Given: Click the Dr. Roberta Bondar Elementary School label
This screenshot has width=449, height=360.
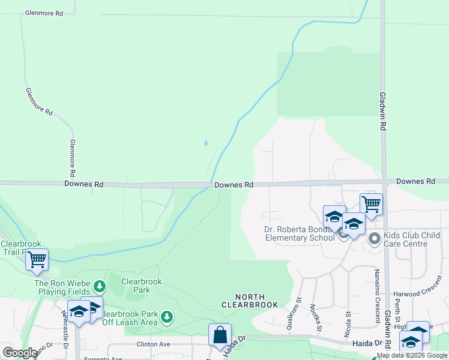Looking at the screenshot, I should coord(299,233).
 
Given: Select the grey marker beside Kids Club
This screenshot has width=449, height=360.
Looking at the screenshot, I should coord(375,239).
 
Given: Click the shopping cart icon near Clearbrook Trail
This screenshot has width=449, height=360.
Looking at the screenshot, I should coord(37,259).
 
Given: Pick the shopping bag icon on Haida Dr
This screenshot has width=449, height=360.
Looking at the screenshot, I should coord(220,334).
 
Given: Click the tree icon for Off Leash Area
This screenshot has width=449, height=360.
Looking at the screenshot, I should coord(167,316).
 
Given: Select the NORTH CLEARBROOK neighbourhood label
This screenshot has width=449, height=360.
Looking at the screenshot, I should coord(250,301).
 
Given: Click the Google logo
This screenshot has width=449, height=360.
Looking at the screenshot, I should coord(20,353).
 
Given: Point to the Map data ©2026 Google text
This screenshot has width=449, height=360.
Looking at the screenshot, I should coord(412,355).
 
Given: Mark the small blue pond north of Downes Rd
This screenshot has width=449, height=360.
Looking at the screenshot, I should coord(206,143).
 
